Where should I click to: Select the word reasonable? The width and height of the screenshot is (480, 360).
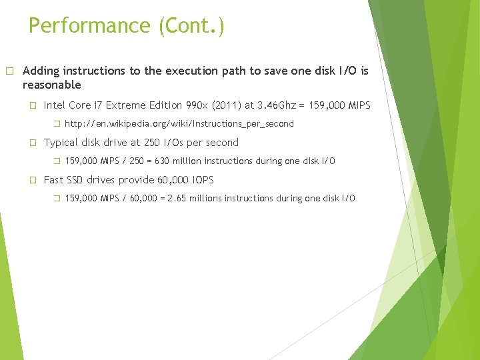[51, 85]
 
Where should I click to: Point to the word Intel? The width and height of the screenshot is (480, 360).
[55, 105]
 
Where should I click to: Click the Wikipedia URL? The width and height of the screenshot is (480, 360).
[179, 124]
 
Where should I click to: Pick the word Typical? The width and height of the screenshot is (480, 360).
[61, 143]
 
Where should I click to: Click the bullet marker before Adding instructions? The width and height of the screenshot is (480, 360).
[9, 71]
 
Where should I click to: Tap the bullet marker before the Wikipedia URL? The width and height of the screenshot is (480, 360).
[57, 124]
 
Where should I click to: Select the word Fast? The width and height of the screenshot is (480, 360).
[54, 180]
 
